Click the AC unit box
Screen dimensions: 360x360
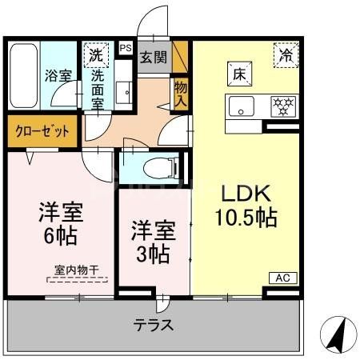pos(282,278)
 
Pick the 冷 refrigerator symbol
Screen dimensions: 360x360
pos(286,55)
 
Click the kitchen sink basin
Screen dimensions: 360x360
pos(241,105)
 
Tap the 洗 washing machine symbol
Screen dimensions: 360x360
pos(96,56)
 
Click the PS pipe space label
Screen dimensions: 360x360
pos(125,48)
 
